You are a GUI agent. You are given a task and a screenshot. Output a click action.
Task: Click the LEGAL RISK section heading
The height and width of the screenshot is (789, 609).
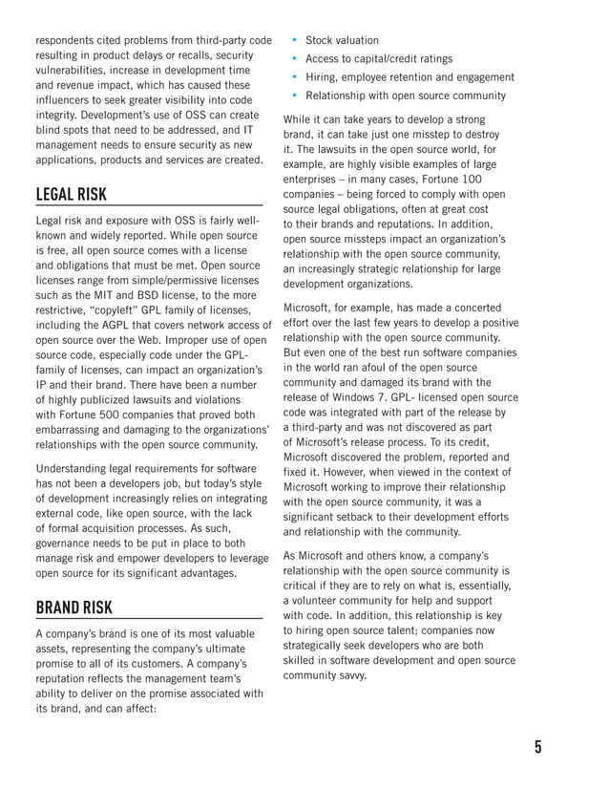coord(72,195)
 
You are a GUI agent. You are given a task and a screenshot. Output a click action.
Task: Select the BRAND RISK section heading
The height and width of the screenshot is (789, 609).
coord(73,608)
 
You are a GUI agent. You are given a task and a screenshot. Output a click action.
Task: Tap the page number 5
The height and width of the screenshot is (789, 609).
coord(537,746)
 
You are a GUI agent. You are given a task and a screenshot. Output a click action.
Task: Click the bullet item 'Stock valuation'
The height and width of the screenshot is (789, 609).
coord(342,40)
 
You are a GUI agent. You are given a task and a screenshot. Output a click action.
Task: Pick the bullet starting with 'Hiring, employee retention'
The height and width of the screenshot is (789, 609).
coord(409,77)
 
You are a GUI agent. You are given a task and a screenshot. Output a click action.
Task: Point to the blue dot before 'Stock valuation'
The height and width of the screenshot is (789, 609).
coord(296,40)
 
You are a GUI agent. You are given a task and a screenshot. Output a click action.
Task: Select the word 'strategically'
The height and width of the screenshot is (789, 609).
coord(321,646)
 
